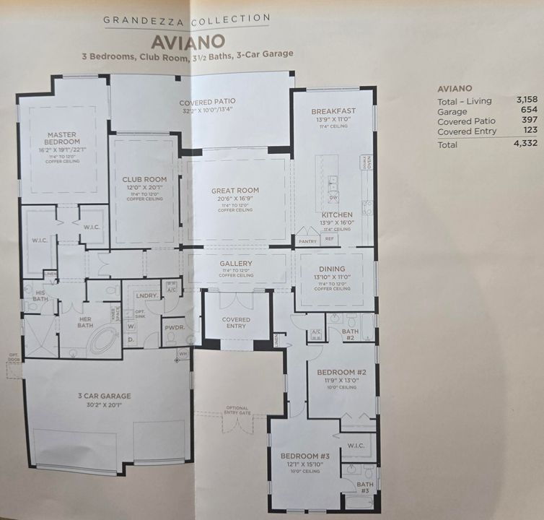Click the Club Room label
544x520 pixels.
144,179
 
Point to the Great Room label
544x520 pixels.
235,191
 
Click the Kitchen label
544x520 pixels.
337,214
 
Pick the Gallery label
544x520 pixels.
236,264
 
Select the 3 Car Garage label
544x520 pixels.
105,396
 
